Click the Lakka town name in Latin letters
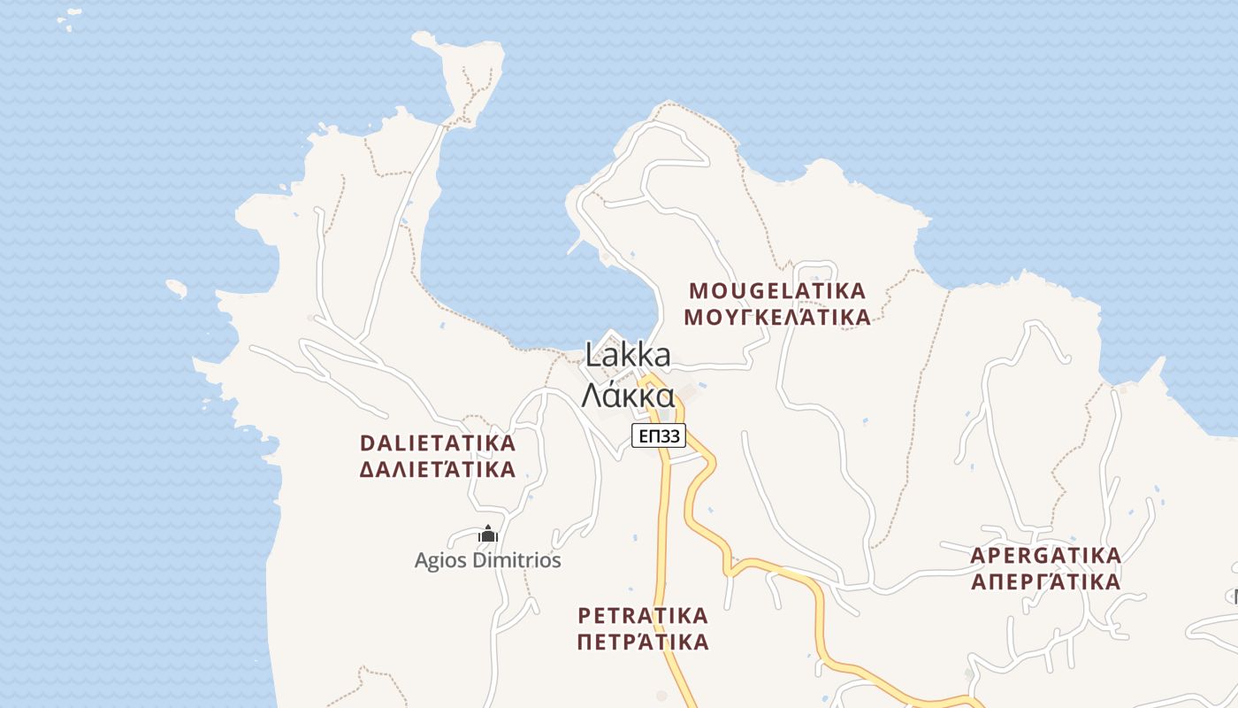(x=628, y=356)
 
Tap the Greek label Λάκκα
(x=628, y=395)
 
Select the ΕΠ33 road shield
(x=659, y=435)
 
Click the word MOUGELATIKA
(x=777, y=290)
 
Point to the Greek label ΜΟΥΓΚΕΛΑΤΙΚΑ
(x=777, y=317)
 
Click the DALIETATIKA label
(x=438, y=442)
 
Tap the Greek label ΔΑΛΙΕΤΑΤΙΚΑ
(x=438, y=469)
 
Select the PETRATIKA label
(x=643, y=614)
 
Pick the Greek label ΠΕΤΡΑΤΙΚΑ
(x=643, y=641)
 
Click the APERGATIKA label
(x=1046, y=556)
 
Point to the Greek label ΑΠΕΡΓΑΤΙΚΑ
(x=1046, y=582)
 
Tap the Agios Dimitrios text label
(x=488, y=560)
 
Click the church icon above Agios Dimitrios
(x=487, y=535)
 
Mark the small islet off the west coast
(x=177, y=288)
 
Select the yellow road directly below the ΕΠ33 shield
(x=664, y=496)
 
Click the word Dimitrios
(x=515, y=560)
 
